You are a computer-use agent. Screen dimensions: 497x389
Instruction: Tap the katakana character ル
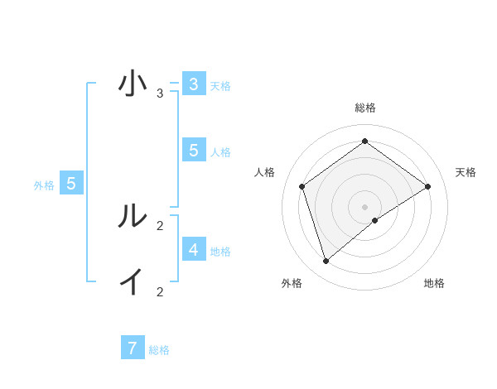point(132,215)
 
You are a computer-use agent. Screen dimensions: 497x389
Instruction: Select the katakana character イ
point(132,281)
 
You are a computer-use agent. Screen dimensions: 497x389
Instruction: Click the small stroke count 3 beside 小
point(160,94)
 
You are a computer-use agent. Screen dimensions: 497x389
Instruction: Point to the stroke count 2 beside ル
point(160,225)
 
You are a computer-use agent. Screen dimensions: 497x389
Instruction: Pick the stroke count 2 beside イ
point(160,291)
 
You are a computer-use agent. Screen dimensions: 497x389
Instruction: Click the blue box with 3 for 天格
point(193,84)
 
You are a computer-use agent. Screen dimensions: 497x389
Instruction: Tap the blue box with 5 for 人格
point(193,150)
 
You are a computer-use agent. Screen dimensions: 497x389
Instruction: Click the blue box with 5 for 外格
point(71,184)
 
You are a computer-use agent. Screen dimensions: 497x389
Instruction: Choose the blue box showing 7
point(133,348)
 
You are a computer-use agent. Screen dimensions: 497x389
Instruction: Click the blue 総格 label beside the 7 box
point(159,350)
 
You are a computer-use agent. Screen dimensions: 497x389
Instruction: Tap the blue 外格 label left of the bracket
point(44,185)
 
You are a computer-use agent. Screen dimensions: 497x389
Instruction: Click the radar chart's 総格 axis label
point(364,108)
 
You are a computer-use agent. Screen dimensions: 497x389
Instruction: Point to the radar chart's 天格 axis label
point(466,172)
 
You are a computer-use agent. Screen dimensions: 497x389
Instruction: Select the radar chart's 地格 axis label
point(434,283)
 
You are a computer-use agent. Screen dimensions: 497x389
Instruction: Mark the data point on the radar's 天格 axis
point(427,186)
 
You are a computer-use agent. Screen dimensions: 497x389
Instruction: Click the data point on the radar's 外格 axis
point(326,262)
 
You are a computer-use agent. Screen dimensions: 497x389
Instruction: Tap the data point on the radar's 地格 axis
point(374,220)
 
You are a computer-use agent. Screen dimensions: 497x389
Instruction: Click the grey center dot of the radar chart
point(364,206)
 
